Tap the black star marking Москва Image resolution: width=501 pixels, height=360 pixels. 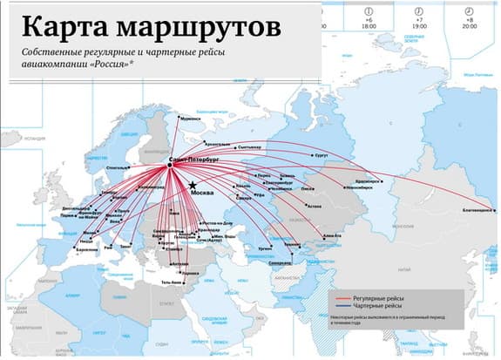[x=192, y=185]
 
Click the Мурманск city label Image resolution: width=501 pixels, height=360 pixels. [x=188, y=118]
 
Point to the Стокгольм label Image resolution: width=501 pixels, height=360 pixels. [x=117, y=166]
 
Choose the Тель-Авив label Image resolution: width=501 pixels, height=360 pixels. [x=171, y=282]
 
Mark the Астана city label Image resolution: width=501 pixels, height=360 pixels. [x=315, y=207]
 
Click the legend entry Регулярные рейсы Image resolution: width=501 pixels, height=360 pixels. [x=377, y=298]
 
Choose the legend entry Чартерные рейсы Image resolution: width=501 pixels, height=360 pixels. [x=376, y=308]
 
